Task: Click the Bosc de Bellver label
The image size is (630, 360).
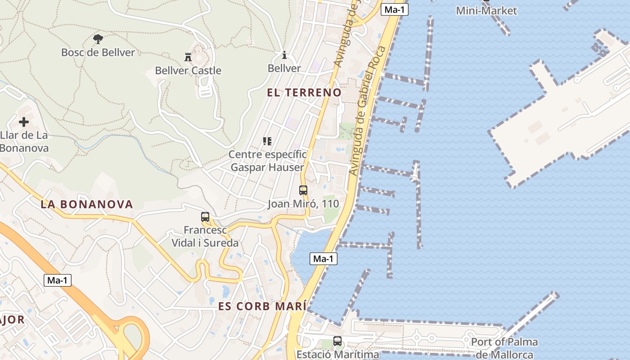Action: coord(98,52)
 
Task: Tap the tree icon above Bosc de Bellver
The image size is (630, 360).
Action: coord(98,39)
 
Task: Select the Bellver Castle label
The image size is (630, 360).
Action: coord(188,70)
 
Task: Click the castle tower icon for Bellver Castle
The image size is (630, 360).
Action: coord(188,57)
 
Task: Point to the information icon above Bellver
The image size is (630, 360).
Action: coord(284,55)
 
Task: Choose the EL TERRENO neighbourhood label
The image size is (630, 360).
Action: coord(304,93)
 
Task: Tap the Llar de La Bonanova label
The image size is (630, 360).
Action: coord(24,141)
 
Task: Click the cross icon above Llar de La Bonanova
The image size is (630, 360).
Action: coord(24,122)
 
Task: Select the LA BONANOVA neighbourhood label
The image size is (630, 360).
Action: coord(87,204)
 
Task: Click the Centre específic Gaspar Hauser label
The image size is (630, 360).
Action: coord(267,161)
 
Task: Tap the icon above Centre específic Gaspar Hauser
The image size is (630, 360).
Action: coord(267,141)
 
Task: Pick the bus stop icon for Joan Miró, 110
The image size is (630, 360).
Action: coord(303,190)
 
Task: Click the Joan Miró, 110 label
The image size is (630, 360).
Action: coord(303,204)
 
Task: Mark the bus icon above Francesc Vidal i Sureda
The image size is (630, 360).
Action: coord(205,217)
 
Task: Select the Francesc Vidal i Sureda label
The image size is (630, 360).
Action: coord(205,236)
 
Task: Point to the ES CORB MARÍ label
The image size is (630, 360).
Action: coord(262,306)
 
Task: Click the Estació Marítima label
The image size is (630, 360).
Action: coord(337,354)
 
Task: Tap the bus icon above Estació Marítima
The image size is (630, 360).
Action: coord(337,341)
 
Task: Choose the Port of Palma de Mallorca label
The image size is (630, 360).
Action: coord(504,348)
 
